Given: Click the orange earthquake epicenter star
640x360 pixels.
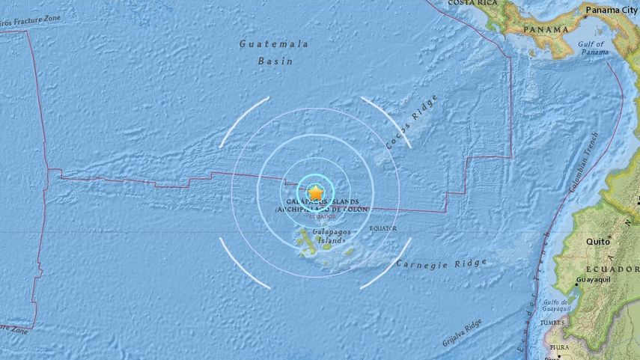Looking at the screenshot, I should click(316, 192).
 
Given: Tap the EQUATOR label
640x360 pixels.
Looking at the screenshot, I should click(383, 228).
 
